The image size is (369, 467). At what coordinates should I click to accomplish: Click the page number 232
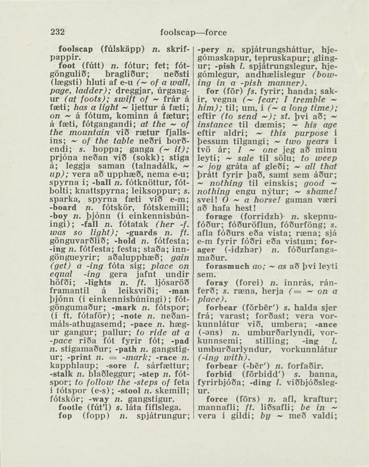[58, 32]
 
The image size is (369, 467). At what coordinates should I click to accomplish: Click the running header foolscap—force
[194, 33]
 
